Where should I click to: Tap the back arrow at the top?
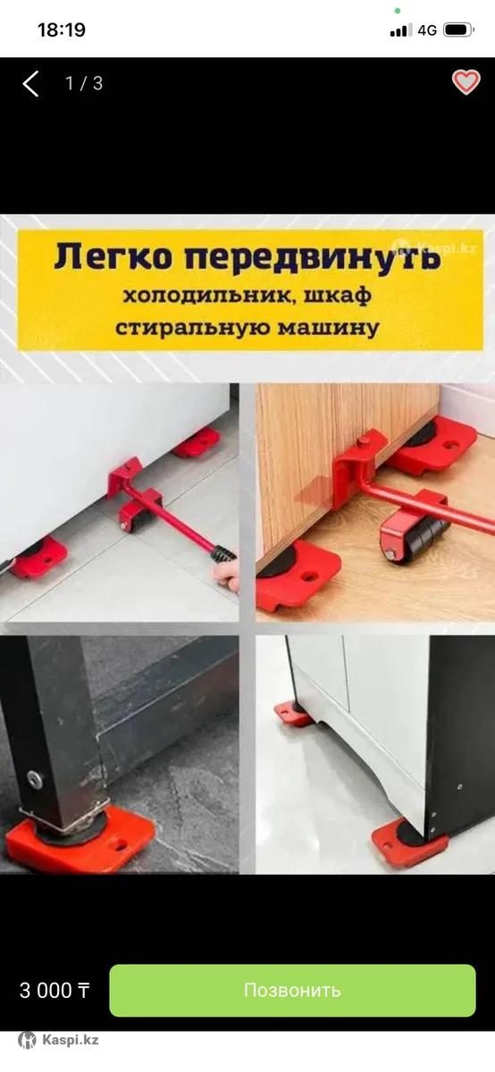30,84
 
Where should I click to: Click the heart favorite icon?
466,82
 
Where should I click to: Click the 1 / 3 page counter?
84,83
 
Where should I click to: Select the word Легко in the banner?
113,257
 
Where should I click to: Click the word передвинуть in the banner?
313,258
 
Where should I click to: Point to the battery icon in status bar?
458,30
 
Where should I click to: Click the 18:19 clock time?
62,30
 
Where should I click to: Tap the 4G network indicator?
427,30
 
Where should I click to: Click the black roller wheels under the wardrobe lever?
419,539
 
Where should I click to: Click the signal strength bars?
401,31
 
